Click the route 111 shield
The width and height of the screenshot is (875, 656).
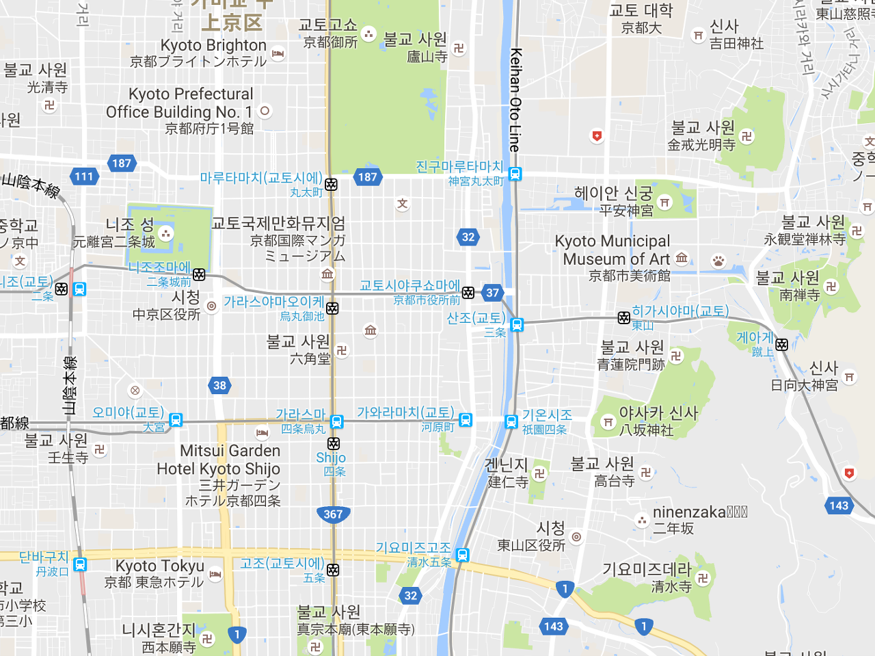[84, 176]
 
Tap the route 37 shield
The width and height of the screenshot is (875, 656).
[493, 293]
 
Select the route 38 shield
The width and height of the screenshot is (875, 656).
[219, 385]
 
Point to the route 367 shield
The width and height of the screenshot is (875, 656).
[333, 514]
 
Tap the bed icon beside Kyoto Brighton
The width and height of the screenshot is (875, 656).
[278, 53]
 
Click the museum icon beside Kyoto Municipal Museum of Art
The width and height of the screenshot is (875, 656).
[682, 258]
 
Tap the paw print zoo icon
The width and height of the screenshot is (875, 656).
[718, 261]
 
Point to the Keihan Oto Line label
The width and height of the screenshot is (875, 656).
[515, 99]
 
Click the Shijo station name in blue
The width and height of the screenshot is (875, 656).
[331, 458]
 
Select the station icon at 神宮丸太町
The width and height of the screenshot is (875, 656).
[515, 174]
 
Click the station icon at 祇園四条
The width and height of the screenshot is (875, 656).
[511, 421]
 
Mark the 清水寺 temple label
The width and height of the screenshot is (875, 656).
[671, 586]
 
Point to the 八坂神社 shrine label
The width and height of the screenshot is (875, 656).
[646, 430]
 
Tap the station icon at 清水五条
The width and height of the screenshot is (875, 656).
[463, 555]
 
